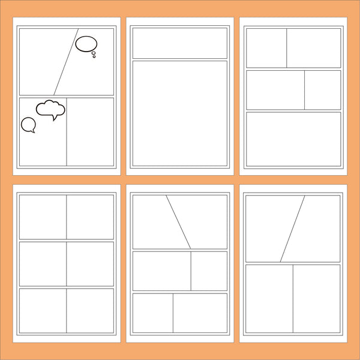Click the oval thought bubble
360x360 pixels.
(x=86, y=43)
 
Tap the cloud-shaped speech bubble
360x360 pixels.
(x=50, y=109)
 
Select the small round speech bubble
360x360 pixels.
(x=28, y=124)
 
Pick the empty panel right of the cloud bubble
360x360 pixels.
(x=90, y=131)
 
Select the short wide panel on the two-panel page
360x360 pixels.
(x=179, y=43)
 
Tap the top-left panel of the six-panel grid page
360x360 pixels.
(x=43, y=217)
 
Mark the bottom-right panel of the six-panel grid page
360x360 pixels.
(x=90, y=310)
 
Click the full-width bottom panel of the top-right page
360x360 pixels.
(x=293, y=139)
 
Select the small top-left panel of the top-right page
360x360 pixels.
(x=266, y=47)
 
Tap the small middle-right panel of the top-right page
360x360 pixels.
(x=322, y=90)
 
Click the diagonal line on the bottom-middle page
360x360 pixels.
(x=178, y=221)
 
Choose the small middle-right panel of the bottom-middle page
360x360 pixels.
(x=209, y=271)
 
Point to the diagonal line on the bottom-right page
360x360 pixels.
(x=292, y=229)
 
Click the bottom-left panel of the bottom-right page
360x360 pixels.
(x=269, y=298)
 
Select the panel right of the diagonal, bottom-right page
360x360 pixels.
(x=321, y=228)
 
